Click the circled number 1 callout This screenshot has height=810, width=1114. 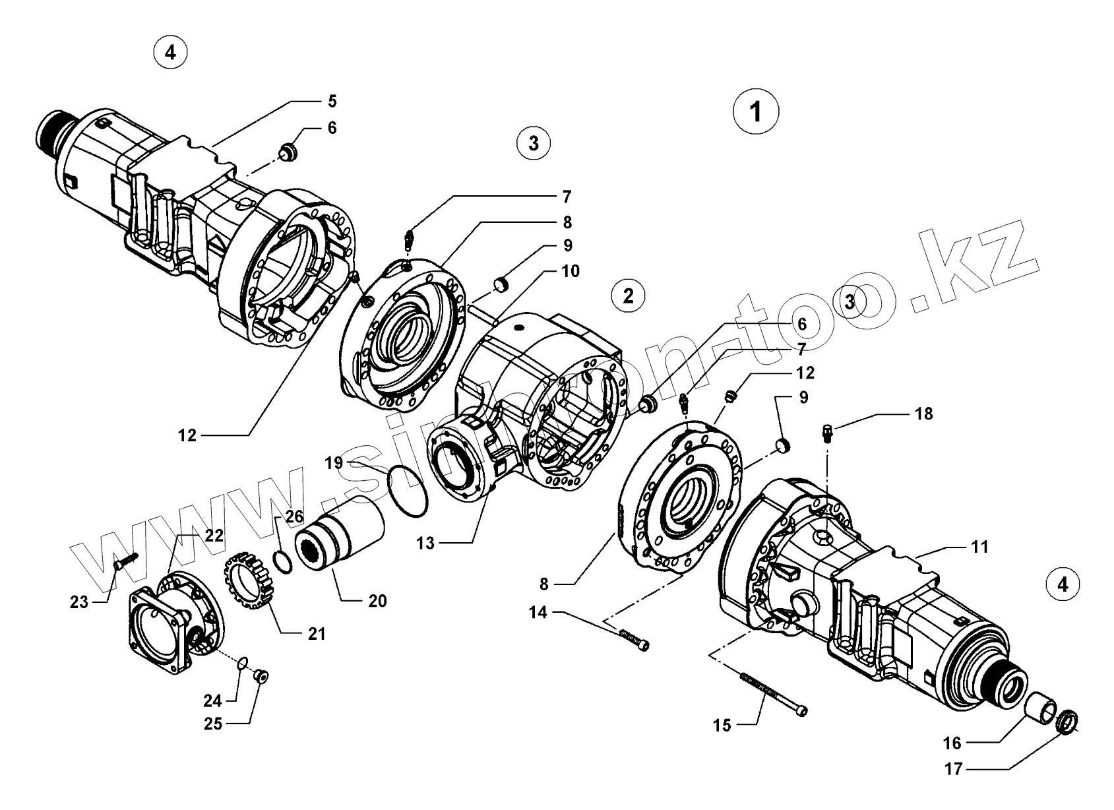(756, 112)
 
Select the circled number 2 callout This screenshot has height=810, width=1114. (628, 296)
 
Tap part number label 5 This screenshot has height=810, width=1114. (332, 102)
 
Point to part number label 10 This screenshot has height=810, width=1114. (571, 271)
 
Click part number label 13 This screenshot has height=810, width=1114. (426, 543)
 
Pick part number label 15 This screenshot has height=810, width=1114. (722, 726)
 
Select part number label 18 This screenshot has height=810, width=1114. (924, 414)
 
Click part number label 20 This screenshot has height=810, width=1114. (377, 601)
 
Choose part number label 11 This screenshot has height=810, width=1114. (979, 547)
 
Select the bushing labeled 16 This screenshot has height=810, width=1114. (1041, 708)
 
